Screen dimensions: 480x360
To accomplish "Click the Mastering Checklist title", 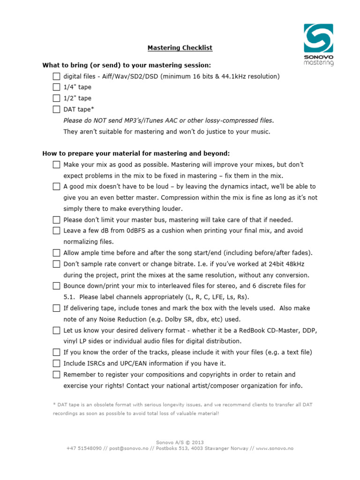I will (180, 48).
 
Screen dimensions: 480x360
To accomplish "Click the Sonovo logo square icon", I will (318, 38).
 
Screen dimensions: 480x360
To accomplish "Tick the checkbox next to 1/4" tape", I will (56, 87).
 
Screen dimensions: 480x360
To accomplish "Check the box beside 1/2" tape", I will (56, 98).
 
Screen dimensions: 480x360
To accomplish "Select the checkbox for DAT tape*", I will (56, 110).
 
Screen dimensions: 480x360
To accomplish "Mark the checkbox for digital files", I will (56, 76).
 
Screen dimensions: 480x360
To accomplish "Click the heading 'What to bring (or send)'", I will (127, 65).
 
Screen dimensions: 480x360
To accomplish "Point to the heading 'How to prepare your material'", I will (136, 153).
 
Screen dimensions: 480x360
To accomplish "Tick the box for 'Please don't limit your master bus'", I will (56, 220).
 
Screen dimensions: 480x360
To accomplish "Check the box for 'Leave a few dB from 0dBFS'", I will (56, 231).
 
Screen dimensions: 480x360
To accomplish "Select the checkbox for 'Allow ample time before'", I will (56, 253).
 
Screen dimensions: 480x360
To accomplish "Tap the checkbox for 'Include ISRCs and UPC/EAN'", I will (56, 363).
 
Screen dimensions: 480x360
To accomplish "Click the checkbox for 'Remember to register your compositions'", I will (56, 375).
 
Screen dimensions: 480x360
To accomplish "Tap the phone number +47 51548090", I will (84, 448).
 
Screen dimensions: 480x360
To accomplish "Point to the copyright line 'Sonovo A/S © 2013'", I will (180, 442).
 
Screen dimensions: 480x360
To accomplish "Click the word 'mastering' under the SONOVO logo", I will (318, 62).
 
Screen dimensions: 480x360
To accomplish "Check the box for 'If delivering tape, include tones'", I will (56, 308).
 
